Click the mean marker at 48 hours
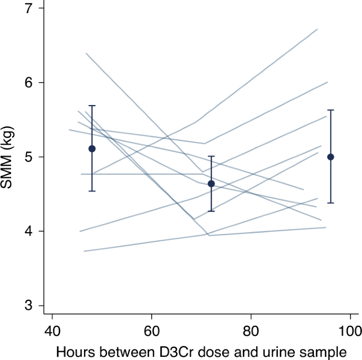pos(92,148)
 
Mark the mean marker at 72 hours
pos(211,184)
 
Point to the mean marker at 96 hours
pos(331,157)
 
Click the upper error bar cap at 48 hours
pos(92,106)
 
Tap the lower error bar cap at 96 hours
pos(331,203)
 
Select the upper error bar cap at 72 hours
pos(211,156)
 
